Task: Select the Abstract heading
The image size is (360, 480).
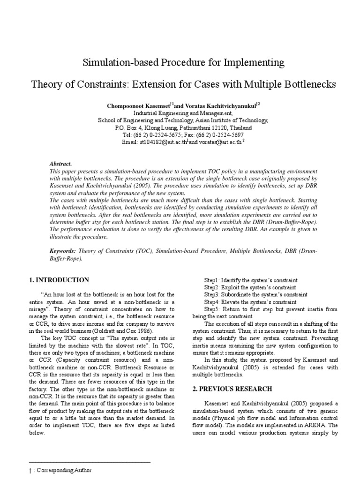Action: click(60, 164)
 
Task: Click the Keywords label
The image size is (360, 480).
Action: click(63, 251)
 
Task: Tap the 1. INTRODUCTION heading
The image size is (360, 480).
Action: click(59, 280)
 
